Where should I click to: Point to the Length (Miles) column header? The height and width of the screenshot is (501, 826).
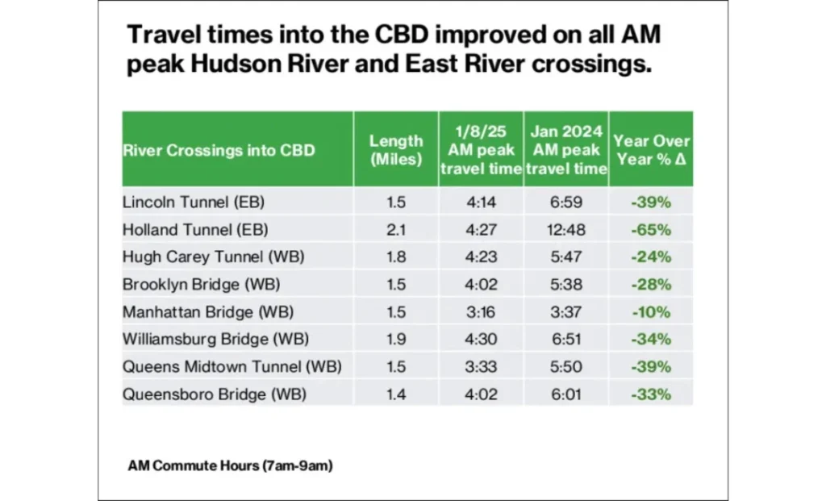396,150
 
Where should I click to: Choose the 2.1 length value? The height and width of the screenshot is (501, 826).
396,229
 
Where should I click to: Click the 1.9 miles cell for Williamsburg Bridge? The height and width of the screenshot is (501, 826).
396,339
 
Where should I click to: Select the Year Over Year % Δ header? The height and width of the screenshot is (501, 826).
651,150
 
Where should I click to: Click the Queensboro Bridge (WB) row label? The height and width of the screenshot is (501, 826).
203,394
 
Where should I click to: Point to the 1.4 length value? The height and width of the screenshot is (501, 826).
396,394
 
